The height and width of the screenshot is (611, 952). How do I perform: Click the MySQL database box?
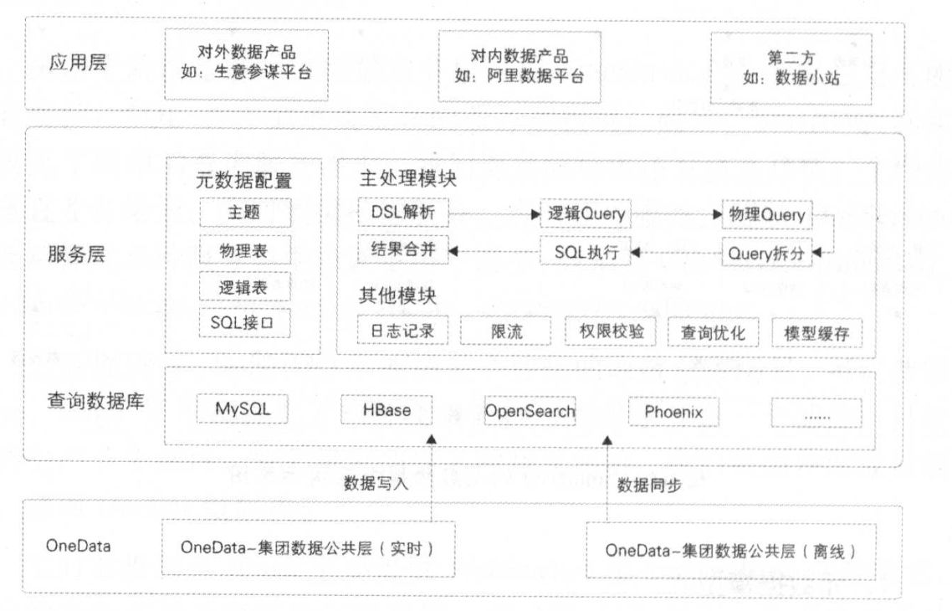coord(243,411)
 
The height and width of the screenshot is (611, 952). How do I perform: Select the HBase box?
coord(386,411)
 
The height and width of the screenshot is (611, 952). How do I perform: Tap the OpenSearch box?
coord(530,411)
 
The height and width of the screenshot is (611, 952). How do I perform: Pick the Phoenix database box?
coord(673,412)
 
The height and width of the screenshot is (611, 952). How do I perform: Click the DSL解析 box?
coord(403,213)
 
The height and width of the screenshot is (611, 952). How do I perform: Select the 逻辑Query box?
coord(586,213)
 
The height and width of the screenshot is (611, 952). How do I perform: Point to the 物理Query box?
coord(767,214)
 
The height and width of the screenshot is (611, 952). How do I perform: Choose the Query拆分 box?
coord(767,252)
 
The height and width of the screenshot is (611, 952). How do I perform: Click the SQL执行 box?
coord(586,250)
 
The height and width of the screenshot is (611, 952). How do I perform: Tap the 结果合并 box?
coord(403,249)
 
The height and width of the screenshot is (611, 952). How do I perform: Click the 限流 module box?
coord(506,331)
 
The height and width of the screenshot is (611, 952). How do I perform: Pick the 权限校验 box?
coord(611,331)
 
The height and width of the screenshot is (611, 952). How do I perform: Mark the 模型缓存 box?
coord(816,332)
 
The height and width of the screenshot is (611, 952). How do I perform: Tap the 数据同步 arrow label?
coord(648,485)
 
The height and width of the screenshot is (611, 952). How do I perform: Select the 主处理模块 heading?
coord(408,178)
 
